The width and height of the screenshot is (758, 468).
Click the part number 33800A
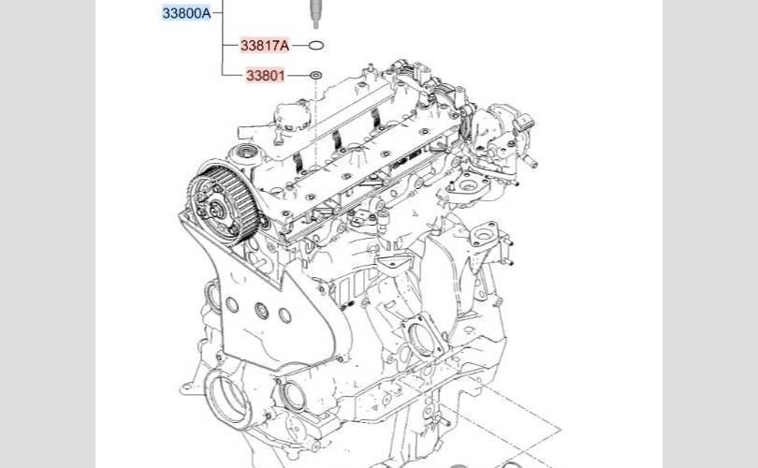186,13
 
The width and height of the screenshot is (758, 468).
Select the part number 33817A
265,46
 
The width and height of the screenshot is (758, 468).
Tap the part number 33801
266,76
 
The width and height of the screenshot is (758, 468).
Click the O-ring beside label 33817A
315,46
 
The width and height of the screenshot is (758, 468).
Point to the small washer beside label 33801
315,76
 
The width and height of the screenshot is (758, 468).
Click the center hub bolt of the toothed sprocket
214,210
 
